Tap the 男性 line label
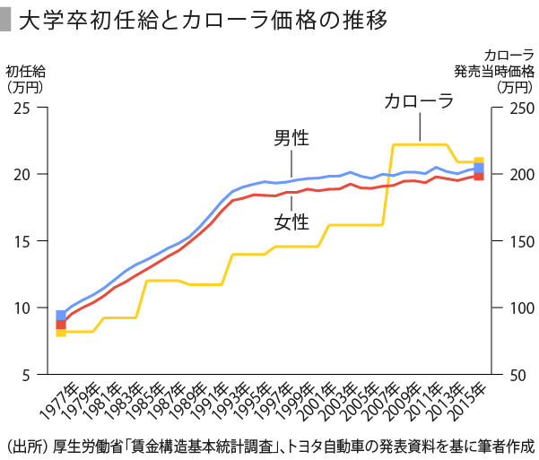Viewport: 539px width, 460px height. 291,139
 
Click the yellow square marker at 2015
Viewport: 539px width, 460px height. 479,161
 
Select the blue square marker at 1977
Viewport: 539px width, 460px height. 61,316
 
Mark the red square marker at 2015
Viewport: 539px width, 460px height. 479,176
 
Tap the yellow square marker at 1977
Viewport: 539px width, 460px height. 61,332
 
